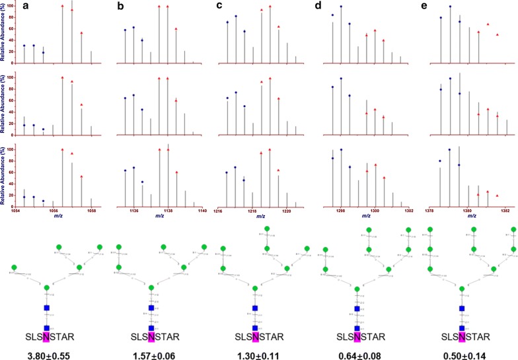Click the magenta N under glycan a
click(x=47, y=336)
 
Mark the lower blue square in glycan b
click(x=151, y=328)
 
